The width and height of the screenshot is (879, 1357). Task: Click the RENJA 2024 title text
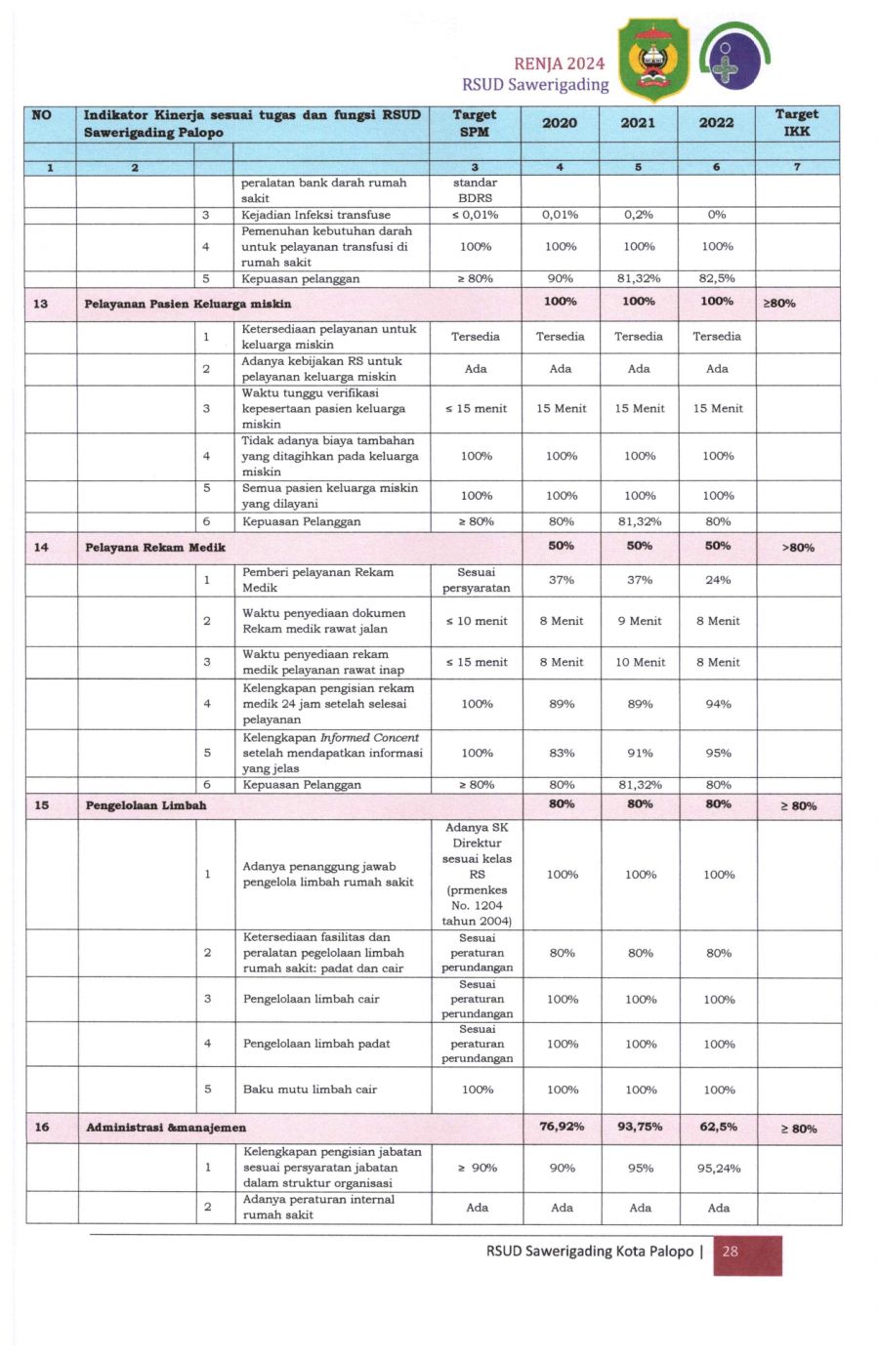click(560, 63)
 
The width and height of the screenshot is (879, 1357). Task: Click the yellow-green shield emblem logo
click(653, 60)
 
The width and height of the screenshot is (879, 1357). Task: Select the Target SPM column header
click(475, 123)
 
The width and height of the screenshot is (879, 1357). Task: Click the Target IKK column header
click(797, 123)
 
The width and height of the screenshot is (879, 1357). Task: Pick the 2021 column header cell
click(638, 123)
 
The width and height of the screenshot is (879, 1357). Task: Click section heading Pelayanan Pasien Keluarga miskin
click(188, 304)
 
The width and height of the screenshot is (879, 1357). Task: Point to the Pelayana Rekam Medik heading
click(155, 547)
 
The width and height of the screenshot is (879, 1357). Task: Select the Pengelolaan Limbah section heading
click(146, 805)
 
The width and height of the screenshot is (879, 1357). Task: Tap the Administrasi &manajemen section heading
click(166, 1128)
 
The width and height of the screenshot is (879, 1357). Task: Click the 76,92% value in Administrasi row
click(562, 1127)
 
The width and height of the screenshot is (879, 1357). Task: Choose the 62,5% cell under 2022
click(718, 1127)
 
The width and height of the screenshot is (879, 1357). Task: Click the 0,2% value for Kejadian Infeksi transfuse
click(639, 215)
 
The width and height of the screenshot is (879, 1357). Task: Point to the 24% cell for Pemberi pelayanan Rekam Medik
click(718, 580)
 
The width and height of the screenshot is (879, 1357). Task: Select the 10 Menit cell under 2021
click(640, 662)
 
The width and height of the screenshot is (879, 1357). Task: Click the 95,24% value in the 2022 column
click(719, 1168)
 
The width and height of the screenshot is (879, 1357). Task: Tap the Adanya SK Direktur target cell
click(477, 874)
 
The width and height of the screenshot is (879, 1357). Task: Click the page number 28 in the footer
click(730, 1251)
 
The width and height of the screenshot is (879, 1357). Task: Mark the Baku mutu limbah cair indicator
click(310, 1090)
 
